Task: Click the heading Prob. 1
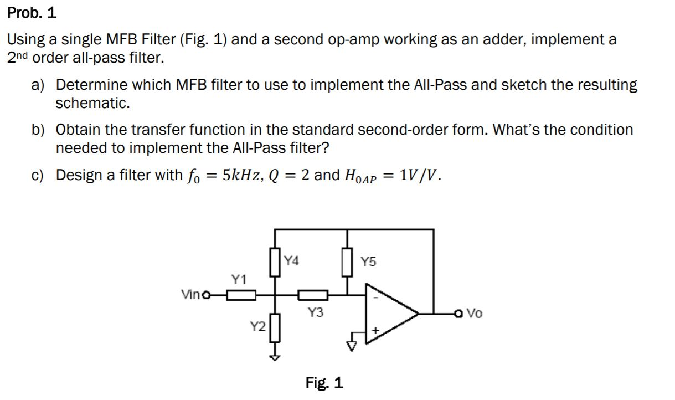(32, 13)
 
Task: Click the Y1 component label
(238, 280)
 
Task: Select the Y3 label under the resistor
(315, 313)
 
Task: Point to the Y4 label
(292, 260)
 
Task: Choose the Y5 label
(368, 261)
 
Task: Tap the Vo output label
(475, 314)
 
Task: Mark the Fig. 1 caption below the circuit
(324, 382)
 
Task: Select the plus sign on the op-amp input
(375, 331)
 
